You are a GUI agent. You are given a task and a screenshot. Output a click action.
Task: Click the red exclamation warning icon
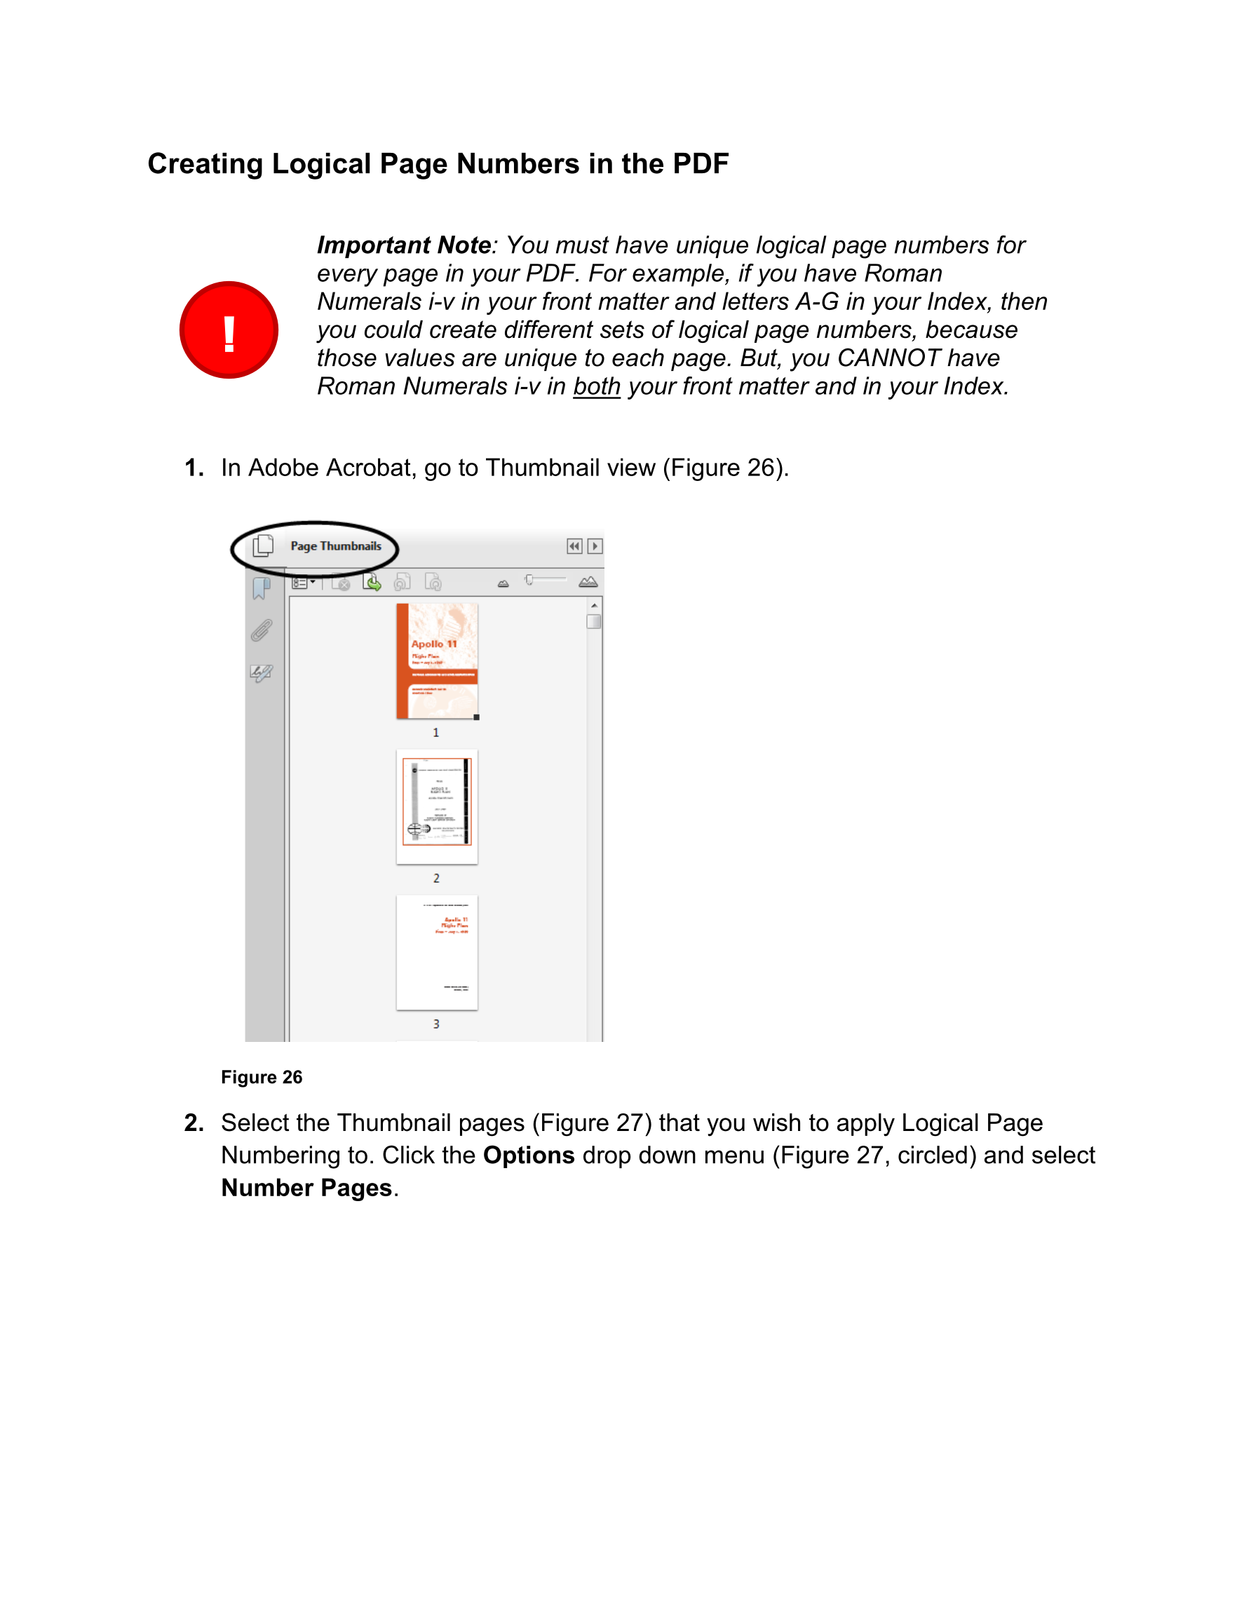(x=229, y=330)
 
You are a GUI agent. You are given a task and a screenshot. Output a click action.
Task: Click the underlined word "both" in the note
(x=596, y=386)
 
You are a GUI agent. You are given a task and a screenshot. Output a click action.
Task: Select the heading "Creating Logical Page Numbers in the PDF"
(x=438, y=164)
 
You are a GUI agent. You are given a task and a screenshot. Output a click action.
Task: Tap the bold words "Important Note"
(x=403, y=245)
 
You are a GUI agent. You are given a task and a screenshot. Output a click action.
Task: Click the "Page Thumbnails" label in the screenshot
(x=335, y=546)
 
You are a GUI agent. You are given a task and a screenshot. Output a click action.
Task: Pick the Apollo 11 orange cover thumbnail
(x=437, y=661)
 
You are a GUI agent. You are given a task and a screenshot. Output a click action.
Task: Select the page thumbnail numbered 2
(x=437, y=806)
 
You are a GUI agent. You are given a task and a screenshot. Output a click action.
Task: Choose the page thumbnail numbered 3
(x=437, y=953)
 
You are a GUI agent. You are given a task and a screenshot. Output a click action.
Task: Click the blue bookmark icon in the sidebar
(x=261, y=588)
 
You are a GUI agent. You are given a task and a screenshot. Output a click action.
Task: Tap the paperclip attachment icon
(x=261, y=631)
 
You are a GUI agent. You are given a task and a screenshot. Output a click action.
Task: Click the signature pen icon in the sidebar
(x=261, y=673)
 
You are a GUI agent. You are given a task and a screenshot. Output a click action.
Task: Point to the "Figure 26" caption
(x=261, y=1077)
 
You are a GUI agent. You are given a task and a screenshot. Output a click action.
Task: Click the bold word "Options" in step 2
(x=528, y=1156)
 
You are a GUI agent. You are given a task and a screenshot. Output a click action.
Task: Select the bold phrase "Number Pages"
(x=306, y=1188)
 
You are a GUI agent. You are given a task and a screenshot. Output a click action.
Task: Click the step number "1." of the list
(x=194, y=468)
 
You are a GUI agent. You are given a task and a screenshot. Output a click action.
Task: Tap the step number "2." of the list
(x=194, y=1123)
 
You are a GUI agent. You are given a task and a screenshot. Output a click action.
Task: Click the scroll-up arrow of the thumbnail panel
(x=594, y=606)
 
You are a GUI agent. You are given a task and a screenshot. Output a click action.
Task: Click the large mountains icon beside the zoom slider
(x=588, y=582)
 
